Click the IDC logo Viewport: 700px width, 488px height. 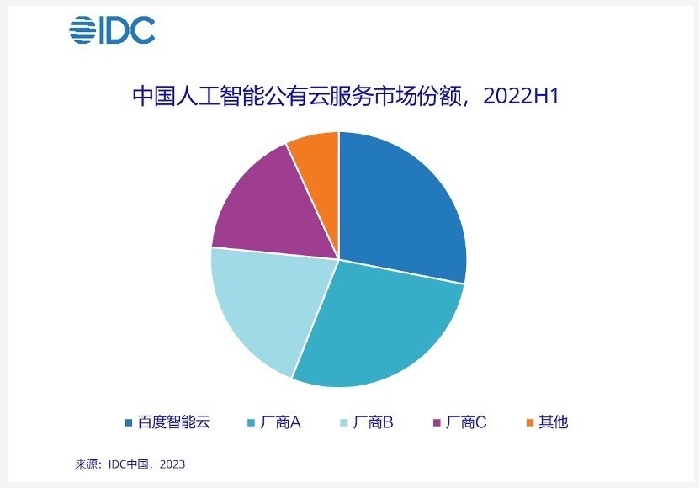click(112, 30)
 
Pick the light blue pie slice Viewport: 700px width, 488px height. click(261, 307)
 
